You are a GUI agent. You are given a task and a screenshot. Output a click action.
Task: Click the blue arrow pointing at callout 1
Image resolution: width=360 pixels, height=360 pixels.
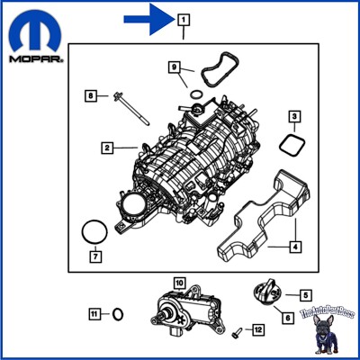148,17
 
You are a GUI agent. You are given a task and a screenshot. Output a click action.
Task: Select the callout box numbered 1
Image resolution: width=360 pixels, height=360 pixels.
183,18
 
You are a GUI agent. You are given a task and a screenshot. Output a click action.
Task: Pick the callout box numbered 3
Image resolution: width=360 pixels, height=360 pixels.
294,116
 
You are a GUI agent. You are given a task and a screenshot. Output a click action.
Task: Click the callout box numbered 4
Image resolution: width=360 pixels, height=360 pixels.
294,245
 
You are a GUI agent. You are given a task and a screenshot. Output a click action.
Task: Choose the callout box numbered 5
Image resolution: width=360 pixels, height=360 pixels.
306,293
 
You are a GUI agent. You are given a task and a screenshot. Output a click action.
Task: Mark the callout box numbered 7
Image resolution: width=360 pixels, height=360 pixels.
95,256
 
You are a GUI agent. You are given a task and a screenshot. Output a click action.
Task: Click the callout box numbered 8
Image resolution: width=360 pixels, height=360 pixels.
90,94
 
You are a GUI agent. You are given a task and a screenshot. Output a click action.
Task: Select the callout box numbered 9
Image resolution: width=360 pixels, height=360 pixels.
176,66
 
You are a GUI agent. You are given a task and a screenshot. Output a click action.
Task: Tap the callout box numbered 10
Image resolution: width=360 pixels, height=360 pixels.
178,283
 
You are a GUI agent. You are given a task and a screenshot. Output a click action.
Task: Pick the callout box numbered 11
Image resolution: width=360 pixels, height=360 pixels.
94,313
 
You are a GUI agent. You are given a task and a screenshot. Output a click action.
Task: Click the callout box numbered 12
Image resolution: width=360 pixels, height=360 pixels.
257,330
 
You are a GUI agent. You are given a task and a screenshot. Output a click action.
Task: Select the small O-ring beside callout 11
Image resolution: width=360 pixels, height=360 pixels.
118,314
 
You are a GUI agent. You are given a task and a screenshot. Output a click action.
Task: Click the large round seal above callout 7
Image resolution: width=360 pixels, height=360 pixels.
93,232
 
